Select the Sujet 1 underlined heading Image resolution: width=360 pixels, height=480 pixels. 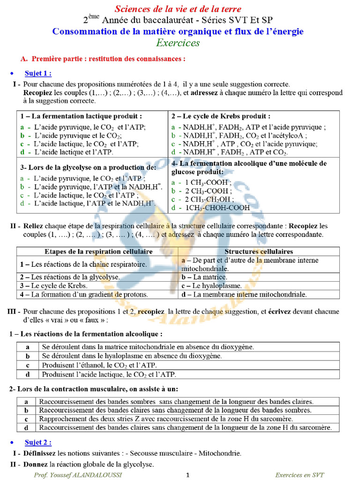pyautogui.click(x=38, y=73)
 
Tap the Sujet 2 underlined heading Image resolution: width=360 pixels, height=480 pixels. pyautogui.click(x=38, y=442)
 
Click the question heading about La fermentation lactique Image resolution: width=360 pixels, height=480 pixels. pyautogui.click(x=81, y=116)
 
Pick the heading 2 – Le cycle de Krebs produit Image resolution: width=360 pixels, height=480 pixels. pyautogui.click(x=220, y=116)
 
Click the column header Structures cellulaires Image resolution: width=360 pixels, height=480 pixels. pyautogui.click(x=258, y=252)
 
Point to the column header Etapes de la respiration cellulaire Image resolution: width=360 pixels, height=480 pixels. pyautogui.click(x=98, y=252)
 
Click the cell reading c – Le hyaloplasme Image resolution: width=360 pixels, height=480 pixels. pyautogui.click(x=211, y=285)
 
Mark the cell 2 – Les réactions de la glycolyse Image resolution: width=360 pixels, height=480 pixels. pyautogui.click(x=69, y=277)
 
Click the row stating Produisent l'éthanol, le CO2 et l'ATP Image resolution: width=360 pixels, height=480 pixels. pyautogui.click(x=99, y=365)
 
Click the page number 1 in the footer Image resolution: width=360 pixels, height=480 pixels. pyautogui.click(x=188, y=475)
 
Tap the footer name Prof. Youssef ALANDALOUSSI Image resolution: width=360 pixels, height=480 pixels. pyautogui.click(x=78, y=475)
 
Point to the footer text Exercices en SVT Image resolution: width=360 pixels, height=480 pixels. pyautogui.click(x=299, y=475)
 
